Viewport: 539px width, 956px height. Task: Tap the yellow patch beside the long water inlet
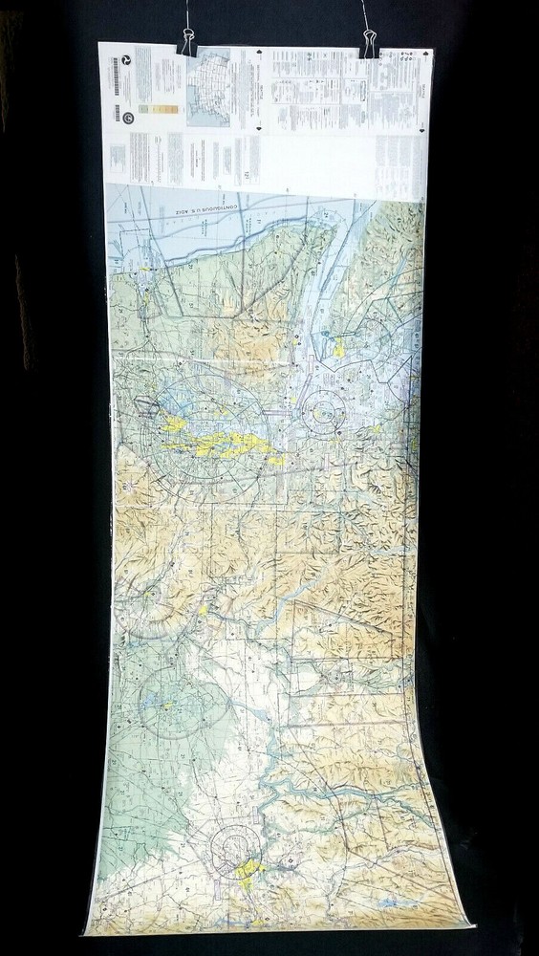click(x=338, y=348)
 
